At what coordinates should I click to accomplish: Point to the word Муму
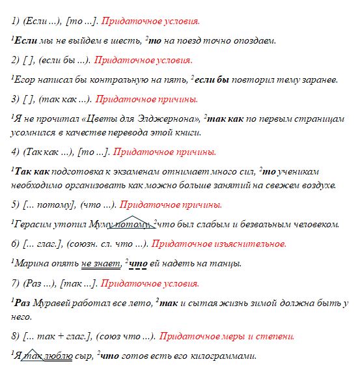[x=103, y=225]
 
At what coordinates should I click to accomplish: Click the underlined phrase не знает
[x=100, y=264]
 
